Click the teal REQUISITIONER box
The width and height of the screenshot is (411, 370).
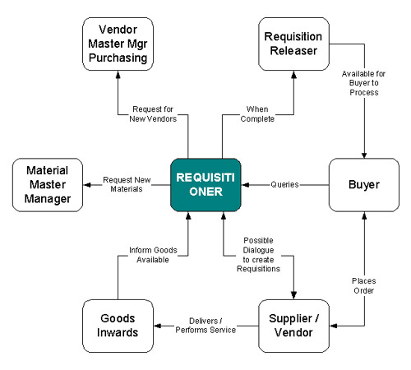(205, 185)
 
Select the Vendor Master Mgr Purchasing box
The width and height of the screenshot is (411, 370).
(118, 44)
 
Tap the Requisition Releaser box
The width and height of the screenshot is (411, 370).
(293, 44)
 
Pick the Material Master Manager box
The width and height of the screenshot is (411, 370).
(48, 185)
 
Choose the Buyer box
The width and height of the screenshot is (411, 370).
(364, 185)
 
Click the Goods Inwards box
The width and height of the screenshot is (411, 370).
(118, 326)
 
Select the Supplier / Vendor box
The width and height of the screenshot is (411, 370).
(293, 326)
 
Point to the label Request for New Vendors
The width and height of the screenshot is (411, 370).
(153, 113)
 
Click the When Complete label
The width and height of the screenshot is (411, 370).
(257, 113)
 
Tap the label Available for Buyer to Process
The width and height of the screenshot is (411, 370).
(363, 83)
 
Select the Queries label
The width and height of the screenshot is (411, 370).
(284, 184)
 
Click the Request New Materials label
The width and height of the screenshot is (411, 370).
(127, 184)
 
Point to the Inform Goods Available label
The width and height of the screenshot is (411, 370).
(153, 255)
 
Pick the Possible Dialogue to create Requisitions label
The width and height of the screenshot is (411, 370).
(258, 255)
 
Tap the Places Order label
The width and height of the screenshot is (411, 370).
(363, 285)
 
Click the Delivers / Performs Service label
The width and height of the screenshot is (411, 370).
(205, 326)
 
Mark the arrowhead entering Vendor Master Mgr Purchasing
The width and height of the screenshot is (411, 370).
(118, 75)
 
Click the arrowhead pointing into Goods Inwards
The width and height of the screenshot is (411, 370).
(158, 326)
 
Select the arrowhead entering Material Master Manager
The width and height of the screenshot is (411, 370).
(87, 185)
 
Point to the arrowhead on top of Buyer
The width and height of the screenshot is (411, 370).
(364, 155)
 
